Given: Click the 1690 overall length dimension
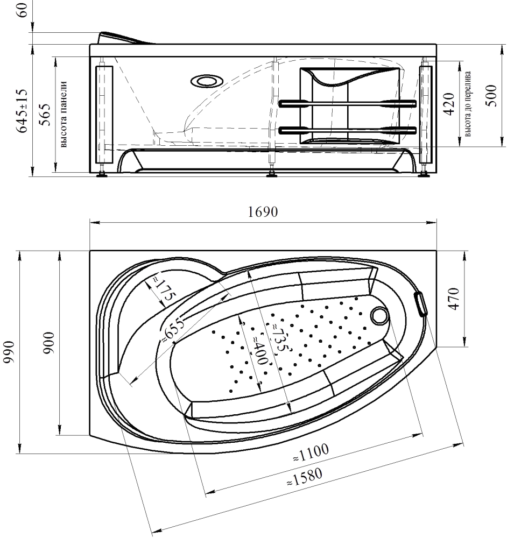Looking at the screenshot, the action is click(x=263, y=212).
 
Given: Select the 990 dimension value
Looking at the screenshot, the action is click(x=9, y=352).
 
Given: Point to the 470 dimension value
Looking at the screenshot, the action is click(x=454, y=299).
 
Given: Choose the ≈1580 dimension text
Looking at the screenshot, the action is click(x=305, y=477).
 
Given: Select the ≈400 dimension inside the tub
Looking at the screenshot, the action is click(x=260, y=349).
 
